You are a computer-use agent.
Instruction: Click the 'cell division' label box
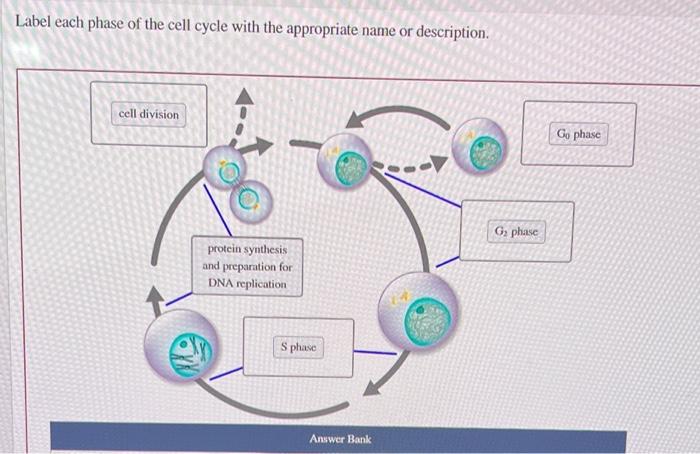tap(149, 114)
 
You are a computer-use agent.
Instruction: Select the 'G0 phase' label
tap(579, 133)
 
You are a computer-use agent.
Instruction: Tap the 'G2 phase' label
tap(516, 231)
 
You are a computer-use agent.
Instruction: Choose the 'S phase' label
tap(297, 347)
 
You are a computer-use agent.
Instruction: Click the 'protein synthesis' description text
tap(247, 249)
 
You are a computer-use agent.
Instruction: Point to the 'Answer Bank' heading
tap(339, 439)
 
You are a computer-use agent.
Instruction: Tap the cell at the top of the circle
tap(346, 162)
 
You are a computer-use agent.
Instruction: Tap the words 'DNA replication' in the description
tap(247, 284)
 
